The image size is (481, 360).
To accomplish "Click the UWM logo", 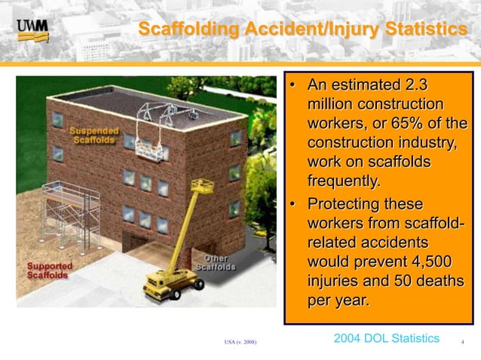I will [x=32, y=29].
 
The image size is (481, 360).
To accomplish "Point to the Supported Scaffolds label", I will [x=50, y=270].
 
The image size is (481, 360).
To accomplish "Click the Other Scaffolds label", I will [x=216, y=263].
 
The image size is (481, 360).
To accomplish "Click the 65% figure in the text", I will [x=412, y=123].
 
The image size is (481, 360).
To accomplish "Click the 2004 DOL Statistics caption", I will [x=385, y=338].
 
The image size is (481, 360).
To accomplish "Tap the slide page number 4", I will [x=461, y=342].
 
